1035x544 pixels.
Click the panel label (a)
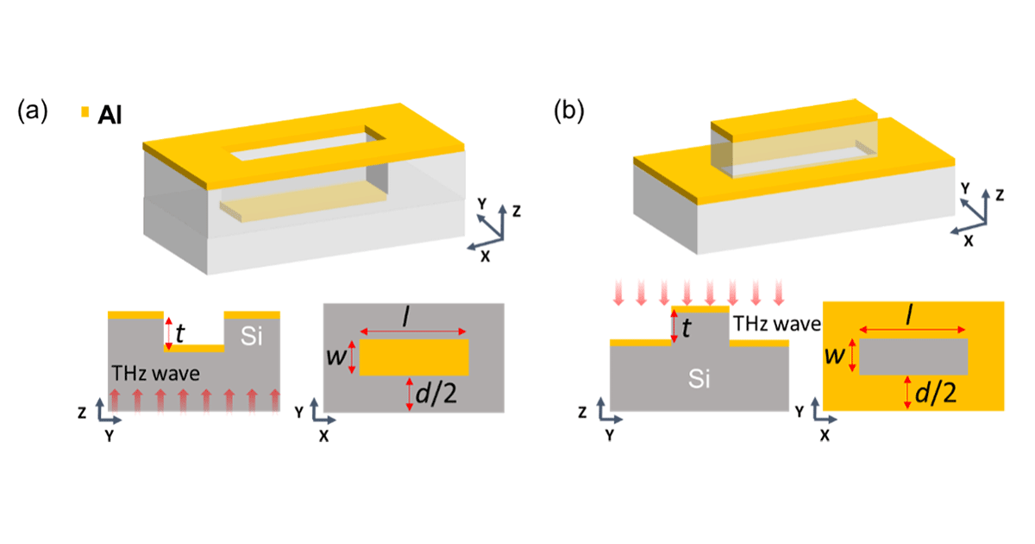33,111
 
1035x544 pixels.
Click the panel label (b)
568,111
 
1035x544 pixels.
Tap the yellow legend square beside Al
85,112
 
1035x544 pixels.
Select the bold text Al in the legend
110,115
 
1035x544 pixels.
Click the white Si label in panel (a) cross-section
251,336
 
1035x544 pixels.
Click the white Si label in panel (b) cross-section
699,378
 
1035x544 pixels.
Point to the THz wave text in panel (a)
156,373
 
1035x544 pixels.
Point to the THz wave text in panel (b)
777,324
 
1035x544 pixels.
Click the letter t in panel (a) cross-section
179,333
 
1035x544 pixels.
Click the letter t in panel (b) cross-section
686,328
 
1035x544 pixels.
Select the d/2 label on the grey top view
436,394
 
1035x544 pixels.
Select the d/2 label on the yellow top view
936,393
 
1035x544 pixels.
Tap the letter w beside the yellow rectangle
336,357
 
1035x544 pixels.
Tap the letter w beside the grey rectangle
836,356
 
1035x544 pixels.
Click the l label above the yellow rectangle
406,318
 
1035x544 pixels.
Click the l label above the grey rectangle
909,316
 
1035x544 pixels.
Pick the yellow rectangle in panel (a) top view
414,357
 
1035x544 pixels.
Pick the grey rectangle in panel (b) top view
913,356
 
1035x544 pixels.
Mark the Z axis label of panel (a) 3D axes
517,212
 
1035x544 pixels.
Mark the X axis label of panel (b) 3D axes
968,241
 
